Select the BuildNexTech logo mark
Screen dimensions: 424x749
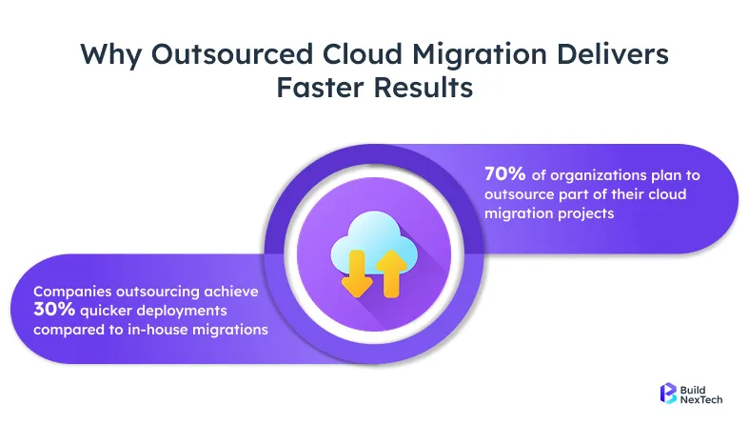668,394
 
